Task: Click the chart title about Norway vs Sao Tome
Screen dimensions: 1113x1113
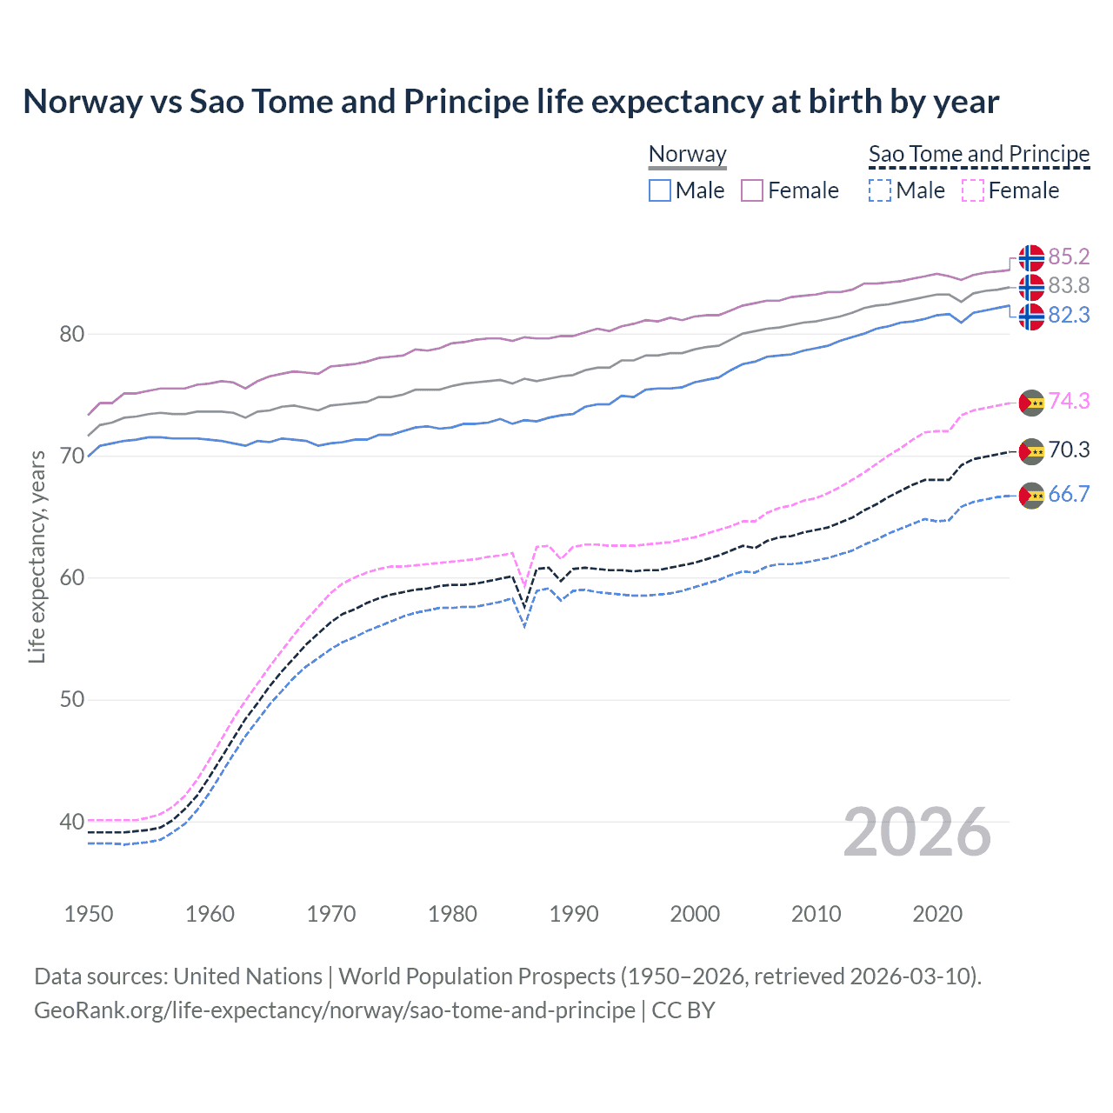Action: (x=510, y=102)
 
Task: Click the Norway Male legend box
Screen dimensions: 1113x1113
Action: (x=660, y=190)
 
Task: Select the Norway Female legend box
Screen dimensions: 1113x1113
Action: (x=752, y=190)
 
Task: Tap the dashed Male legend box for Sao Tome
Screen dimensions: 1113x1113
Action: (x=880, y=190)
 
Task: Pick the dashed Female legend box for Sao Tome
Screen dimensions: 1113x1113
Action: (x=973, y=190)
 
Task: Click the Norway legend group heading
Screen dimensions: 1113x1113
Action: (x=687, y=154)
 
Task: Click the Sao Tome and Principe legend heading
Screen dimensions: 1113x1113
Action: (x=979, y=154)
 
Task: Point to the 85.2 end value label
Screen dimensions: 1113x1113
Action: (x=1069, y=257)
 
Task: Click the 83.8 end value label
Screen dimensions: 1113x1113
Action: (x=1069, y=285)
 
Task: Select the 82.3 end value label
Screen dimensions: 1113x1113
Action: (x=1069, y=315)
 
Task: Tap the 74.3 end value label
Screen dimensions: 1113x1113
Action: (x=1069, y=401)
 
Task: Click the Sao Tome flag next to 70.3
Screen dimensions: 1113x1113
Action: (x=1031, y=450)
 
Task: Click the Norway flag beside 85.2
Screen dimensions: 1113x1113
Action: (x=1031, y=257)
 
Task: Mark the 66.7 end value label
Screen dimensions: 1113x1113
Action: (x=1069, y=494)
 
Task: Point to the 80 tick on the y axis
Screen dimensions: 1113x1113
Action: (x=71, y=334)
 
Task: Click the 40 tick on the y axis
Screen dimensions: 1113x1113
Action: (x=71, y=822)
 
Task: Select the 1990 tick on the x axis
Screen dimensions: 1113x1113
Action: (x=574, y=914)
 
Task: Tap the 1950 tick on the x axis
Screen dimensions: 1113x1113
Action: (x=89, y=914)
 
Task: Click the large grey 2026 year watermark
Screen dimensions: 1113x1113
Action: (x=916, y=832)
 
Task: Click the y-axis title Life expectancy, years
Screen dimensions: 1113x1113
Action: (x=37, y=556)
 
